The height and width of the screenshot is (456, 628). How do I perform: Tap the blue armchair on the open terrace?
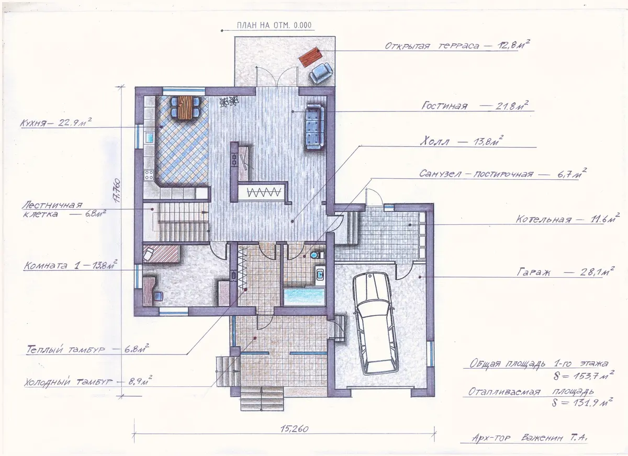click(321, 74)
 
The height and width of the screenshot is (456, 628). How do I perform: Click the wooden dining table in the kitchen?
click(184, 108)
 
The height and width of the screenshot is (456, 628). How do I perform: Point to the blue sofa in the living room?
click(315, 127)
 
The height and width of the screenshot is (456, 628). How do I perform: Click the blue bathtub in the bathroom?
click(304, 297)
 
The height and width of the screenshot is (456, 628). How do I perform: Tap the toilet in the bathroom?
click(316, 255)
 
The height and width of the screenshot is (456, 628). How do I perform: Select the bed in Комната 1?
click(161, 254)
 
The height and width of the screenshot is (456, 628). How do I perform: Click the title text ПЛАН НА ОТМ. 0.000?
click(274, 25)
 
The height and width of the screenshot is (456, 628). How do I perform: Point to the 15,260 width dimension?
click(294, 429)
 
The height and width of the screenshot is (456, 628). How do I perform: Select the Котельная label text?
click(543, 219)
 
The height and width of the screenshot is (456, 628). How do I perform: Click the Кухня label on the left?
click(33, 123)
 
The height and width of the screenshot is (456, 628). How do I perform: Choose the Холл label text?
click(434, 142)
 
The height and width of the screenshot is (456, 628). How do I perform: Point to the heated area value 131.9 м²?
click(582, 403)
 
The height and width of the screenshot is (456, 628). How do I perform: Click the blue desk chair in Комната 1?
click(158, 296)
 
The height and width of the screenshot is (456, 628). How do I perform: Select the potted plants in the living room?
click(229, 101)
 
